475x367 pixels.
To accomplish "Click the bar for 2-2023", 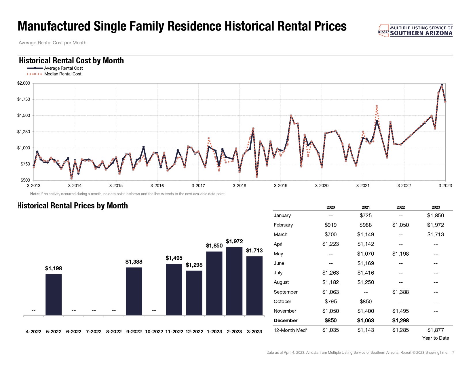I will pos(234,281).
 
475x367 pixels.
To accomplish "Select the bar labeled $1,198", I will pos(54,294).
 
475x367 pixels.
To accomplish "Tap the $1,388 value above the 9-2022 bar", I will pos(134,262).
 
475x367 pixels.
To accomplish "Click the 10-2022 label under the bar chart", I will pos(154,332).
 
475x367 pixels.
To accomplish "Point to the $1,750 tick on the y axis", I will pos(24,99).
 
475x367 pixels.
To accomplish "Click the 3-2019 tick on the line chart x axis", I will pos(280,186).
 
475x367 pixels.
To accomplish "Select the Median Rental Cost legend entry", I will pos(63,74).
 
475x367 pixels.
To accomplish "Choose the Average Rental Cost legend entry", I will pos(63,68).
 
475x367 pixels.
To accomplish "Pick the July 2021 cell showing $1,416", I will pos(366,273).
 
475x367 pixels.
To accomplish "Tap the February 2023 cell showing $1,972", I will pos(435,225).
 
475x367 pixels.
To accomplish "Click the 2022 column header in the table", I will pos(400,207).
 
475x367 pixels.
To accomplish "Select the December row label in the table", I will pos(286,320).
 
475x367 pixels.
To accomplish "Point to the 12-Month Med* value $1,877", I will pos(435,330).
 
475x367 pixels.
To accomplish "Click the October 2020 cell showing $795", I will pos(330,301).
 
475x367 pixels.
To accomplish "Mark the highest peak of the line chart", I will pos(442,85).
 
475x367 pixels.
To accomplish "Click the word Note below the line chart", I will pos(35,194).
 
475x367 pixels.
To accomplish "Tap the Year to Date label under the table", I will pos(435,338).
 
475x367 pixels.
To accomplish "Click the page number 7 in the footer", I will pos(453,352).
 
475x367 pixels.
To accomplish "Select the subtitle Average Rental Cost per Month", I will pos(52,43).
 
